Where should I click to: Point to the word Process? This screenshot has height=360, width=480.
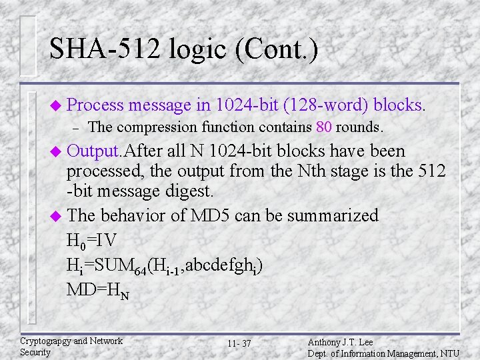point(95,105)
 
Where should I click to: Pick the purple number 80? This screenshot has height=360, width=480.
point(324,127)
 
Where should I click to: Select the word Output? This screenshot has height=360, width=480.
point(95,150)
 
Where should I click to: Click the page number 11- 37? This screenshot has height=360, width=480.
point(239,343)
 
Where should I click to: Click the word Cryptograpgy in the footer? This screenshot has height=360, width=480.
point(45,341)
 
